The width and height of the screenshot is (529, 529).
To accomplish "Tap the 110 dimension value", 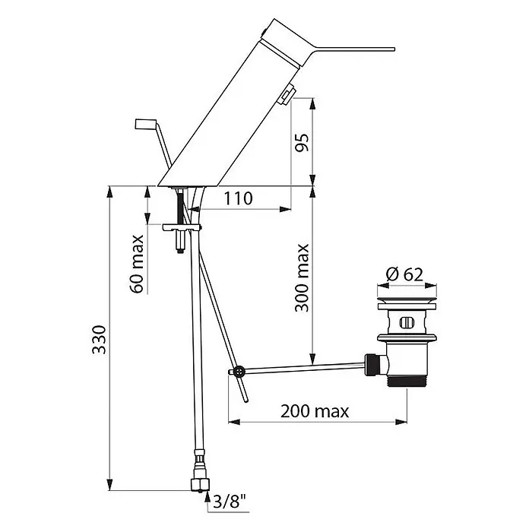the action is (x=238, y=198).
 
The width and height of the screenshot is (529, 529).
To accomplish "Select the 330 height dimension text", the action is (x=99, y=340).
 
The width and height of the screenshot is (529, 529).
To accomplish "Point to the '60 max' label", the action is (x=136, y=264).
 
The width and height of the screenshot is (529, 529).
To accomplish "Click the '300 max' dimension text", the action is (x=302, y=277).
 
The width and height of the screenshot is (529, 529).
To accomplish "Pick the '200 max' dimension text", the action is (x=315, y=411).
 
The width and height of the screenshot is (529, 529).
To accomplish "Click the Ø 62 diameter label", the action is (x=404, y=274).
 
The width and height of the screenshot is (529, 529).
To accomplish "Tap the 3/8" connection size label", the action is (x=230, y=502).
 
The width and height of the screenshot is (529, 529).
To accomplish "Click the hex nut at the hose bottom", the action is (x=200, y=484).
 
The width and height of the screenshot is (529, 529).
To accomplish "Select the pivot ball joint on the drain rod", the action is (x=239, y=371).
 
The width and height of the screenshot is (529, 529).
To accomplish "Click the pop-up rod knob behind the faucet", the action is (x=145, y=123).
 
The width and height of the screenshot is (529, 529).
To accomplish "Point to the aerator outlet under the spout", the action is (x=287, y=96).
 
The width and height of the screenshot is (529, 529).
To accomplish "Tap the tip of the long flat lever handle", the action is (x=394, y=49).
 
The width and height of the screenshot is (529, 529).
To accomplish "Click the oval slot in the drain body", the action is (x=406, y=323).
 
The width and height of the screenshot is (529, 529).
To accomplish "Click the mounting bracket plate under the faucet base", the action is (x=181, y=228).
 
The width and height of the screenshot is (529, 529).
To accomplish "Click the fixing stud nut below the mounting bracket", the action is (x=181, y=242).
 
